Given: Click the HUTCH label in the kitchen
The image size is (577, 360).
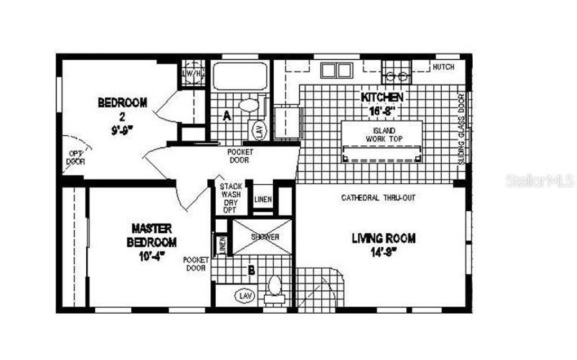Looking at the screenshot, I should tap(442, 67).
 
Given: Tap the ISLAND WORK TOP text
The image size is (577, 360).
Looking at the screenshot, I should tap(381, 134).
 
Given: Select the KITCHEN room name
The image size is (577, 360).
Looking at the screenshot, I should tap(381, 97).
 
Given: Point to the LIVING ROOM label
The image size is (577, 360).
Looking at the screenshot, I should tap(384, 238).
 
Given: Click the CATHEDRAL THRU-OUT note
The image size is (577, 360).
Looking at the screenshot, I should tap(378, 198).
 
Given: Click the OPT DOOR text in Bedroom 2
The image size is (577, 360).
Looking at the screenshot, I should tap(75, 157).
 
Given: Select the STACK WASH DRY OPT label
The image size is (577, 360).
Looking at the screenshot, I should tap(230, 198).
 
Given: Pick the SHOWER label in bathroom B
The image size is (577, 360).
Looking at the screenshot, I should tap(264, 237).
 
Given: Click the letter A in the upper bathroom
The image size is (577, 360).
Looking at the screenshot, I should tap(228, 117).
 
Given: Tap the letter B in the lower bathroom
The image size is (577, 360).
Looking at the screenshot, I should tap(251, 270).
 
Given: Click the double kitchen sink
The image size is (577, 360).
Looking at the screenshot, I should tap(336, 70).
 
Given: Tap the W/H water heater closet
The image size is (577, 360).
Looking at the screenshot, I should tap(192, 73).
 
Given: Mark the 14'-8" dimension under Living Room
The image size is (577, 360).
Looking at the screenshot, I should tap(383, 252).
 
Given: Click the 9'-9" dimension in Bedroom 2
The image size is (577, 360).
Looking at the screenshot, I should tap(122, 131).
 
